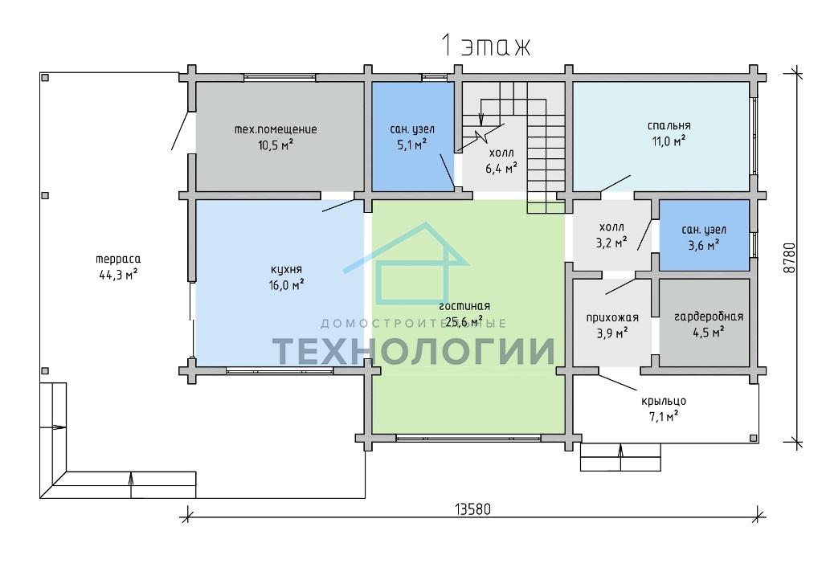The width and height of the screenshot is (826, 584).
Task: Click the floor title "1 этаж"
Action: [x=485, y=46]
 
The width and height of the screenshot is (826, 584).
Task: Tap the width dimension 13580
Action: [x=472, y=510]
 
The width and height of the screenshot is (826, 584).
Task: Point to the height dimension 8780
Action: [x=788, y=258]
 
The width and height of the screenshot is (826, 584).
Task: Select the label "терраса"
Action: [x=119, y=259]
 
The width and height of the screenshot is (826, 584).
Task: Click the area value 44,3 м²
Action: [x=119, y=275]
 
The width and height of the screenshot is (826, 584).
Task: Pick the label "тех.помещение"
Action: [x=276, y=129]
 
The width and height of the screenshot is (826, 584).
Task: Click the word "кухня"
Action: [x=286, y=271]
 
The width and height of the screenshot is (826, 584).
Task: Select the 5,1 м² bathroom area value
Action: [x=412, y=145]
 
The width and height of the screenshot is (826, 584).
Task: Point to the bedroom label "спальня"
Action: [x=669, y=126]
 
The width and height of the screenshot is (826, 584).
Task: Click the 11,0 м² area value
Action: [x=669, y=141]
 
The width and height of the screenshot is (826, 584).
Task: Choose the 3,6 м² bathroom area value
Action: [x=705, y=245]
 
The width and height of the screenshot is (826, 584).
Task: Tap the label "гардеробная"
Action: [x=709, y=317]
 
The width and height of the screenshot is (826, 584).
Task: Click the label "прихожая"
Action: [x=612, y=318]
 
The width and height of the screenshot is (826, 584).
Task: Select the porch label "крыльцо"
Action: [x=664, y=402]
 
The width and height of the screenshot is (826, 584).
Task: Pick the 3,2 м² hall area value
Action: [x=611, y=243]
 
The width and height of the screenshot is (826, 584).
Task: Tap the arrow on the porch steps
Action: [x=620, y=457]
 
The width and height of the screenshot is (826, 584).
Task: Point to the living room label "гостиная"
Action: [x=464, y=307]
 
